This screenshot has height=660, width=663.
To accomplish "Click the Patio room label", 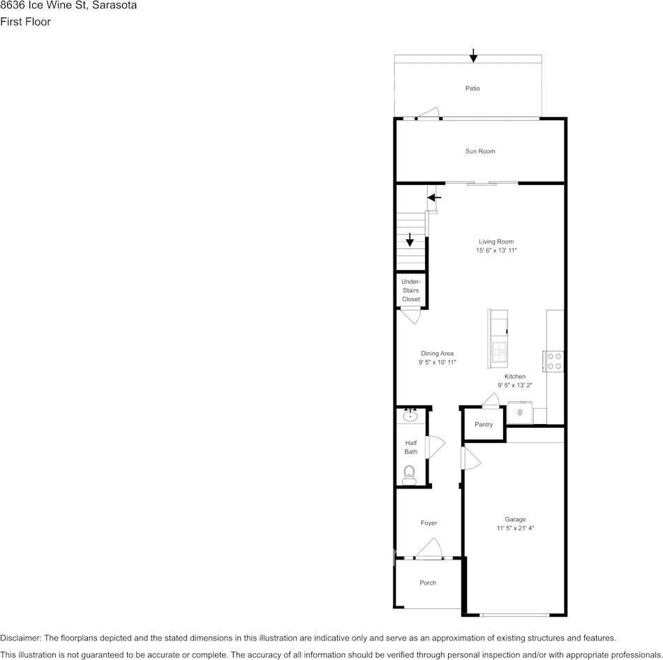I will (472, 89).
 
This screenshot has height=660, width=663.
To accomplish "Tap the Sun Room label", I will (480, 151).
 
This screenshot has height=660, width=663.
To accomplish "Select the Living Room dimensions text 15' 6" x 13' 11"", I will (496, 250).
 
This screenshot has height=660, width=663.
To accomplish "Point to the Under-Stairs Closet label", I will (411, 290).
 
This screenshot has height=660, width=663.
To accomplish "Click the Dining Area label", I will (437, 354).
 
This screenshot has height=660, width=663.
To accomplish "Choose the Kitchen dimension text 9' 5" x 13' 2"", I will (515, 385).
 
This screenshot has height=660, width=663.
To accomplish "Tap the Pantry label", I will (484, 425).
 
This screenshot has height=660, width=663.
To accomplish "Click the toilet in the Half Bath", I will (409, 474).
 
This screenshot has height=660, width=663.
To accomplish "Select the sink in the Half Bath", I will (410, 417).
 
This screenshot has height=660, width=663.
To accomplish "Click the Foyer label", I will (429, 523).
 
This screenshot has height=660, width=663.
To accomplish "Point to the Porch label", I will (428, 583).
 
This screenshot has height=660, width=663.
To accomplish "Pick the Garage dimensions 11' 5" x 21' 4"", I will (515, 529).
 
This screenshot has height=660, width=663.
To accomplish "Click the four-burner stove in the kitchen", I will (554, 361).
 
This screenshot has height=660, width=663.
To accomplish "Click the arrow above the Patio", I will (473, 55).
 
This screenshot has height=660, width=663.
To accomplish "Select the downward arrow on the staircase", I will (410, 240).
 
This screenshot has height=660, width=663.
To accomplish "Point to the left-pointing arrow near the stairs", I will (434, 198).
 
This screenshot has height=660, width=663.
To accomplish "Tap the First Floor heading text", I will (25, 22).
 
